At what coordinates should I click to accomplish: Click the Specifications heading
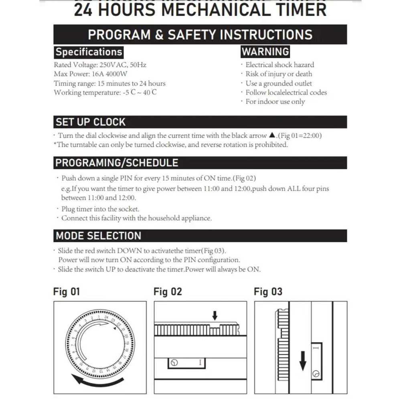point(89,52)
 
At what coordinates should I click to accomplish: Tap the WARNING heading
point(265,52)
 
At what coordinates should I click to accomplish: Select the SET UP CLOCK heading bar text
point(91,122)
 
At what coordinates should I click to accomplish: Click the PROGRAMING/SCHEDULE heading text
point(117,163)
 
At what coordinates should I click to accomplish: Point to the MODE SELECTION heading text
point(99,236)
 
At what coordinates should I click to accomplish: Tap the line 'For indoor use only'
point(275,102)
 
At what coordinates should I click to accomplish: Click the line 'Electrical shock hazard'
point(279,65)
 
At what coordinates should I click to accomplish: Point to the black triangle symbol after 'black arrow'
point(272,136)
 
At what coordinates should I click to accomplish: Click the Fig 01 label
point(67,292)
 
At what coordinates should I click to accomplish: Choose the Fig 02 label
point(168,292)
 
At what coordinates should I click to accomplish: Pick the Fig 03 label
point(268,292)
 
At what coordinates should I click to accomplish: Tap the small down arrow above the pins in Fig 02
point(215,316)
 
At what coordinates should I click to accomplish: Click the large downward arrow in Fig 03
point(303,360)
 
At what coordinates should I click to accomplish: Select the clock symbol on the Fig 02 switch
point(174,363)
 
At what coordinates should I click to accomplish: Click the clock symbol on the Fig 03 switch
point(315,373)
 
